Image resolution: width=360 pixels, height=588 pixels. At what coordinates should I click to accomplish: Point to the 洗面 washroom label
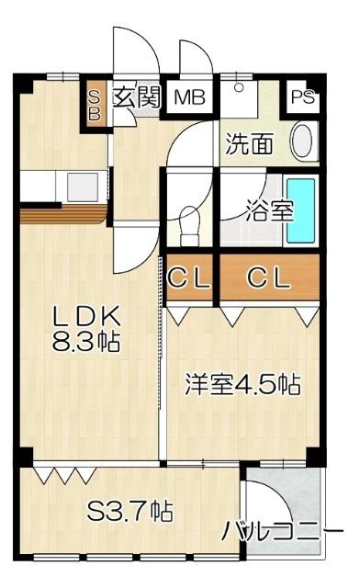coord(250,143)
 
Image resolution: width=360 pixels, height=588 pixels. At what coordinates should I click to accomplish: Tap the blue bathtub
coord(300,210)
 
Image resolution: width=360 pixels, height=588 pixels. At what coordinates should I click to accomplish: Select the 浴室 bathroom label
coord(268,210)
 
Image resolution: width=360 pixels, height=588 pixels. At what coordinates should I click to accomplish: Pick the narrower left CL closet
coord(190,276)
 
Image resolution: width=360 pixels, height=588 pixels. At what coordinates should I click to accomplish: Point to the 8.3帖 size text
coord(87,343)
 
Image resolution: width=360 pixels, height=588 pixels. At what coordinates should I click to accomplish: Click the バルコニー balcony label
coord(281,531)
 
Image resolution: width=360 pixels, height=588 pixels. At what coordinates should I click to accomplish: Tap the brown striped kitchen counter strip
coord(64,215)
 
